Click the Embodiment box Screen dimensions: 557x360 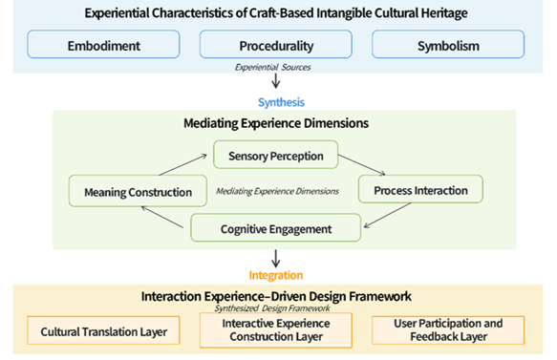tap(103, 44)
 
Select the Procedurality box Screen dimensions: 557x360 tap(276, 44)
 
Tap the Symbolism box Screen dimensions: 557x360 tap(448, 44)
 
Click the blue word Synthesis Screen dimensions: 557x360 tap(281, 102)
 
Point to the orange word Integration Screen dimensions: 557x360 tap(276, 275)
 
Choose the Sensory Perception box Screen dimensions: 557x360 tap(276, 155)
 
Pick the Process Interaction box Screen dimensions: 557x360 tap(420, 189)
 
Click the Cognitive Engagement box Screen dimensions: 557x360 tap(276, 227)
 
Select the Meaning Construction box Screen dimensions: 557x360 tap(138, 191)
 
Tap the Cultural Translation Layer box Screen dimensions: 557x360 tap(103, 330)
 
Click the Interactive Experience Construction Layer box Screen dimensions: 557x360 tap(276, 330)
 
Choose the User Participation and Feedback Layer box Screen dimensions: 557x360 tap(448, 330)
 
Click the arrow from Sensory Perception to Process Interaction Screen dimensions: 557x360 tap(362, 165)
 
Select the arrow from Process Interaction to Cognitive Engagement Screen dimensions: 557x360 tap(387, 215)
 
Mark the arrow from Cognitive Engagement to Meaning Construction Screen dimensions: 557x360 tap(162, 217)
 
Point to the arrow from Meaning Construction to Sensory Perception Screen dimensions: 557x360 tap(182, 165)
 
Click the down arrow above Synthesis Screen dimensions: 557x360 tap(276, 81)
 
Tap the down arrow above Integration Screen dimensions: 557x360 tap(276, 259)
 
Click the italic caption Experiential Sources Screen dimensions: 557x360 tap(273, 67)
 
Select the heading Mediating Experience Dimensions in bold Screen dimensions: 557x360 tap(276, 123)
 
